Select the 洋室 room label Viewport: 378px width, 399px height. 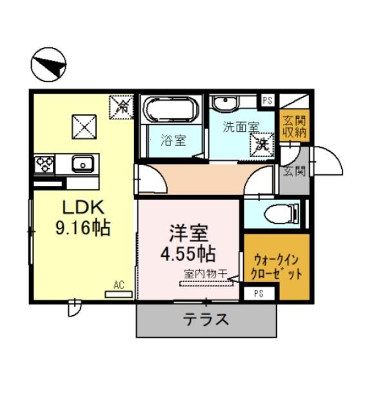pos(188,231)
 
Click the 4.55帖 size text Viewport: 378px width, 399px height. pos(188,251)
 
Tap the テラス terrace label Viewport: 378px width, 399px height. pos(206,319)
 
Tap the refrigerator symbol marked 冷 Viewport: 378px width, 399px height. pos(120,107)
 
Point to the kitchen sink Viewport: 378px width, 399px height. pos(83,164)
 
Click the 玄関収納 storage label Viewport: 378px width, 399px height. pos(294,127)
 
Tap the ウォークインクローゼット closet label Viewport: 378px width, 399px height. pos(277,266)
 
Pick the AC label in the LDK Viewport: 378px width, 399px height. pos(119,284)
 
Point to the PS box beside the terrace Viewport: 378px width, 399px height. pos(258,294)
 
